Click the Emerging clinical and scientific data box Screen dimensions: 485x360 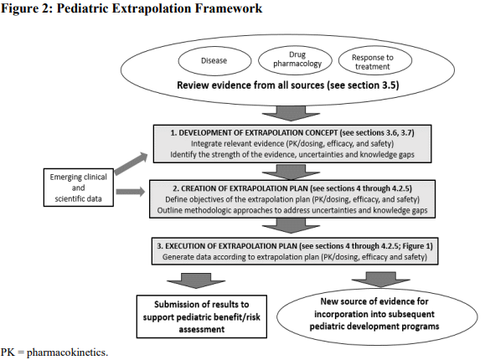click(x=79, y=188)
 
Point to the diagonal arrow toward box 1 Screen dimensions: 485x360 click(x=132, y=163)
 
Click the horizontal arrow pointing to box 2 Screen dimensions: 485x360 click(x=130, y=192)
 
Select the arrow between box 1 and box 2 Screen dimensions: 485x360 click(x=291, y=172)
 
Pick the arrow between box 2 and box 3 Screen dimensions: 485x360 click(x=291, y=225)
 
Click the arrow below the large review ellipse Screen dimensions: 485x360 click(x=291, y=114)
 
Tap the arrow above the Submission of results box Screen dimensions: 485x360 click(x=196, y=280)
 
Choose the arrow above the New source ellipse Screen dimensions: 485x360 click(x=381, y=280)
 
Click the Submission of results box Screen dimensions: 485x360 click(x=202, y=316)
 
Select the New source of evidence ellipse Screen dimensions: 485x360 click(x=377, y=316)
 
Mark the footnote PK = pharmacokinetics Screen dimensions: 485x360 click(x=54, y=352)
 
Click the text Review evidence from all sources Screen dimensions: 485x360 click(x=250, y=85)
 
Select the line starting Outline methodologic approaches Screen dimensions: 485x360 click(x=292, y=210)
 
